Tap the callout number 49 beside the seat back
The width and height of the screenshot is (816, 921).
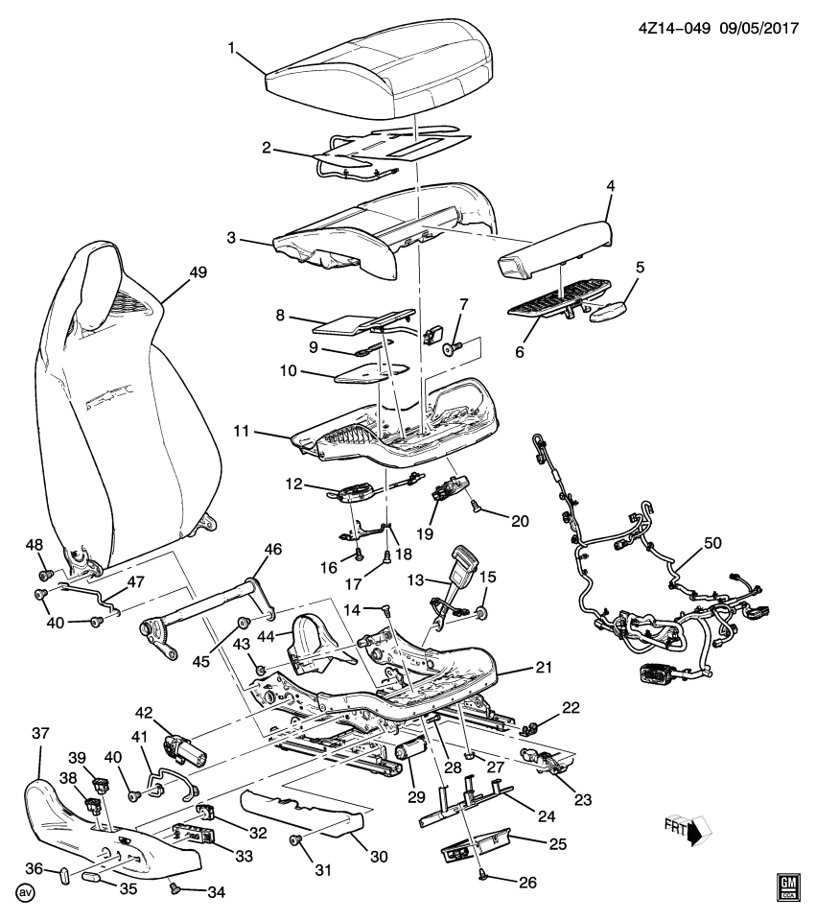[198, 272]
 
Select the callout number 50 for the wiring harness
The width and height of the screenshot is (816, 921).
[711, 543]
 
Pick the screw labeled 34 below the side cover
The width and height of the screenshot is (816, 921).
[175, 888]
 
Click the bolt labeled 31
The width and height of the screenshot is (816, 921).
[296, 840]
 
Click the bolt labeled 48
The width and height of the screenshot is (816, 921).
[43, 574]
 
